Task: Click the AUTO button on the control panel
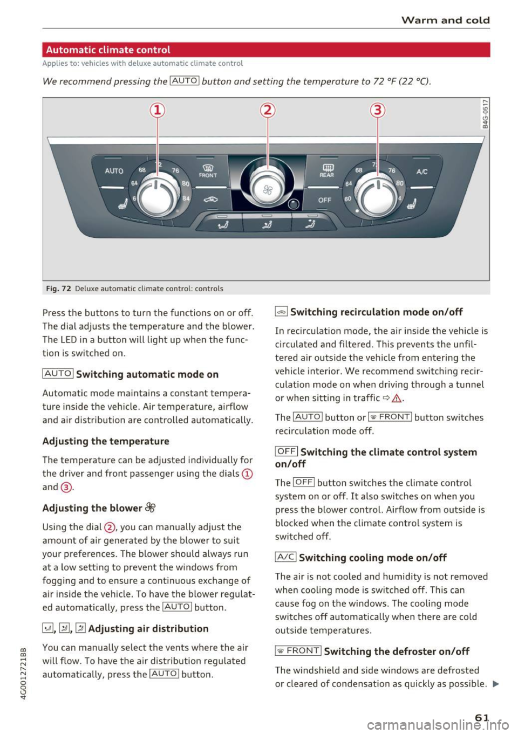[114, 171]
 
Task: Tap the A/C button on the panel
[422, 172]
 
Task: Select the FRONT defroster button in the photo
[208, 171]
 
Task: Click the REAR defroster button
[327, 171]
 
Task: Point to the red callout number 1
[157, 111]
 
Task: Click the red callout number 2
[268, 111]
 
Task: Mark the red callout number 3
[377, 111]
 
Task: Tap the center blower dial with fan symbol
[268, 188]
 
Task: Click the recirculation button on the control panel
[210, 200]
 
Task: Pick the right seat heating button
[412, 204]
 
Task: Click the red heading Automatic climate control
[108, 50]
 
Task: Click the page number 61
[482, 717]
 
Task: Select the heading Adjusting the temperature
[106, 441]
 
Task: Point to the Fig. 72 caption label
[59, 289]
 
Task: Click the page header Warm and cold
[446, 20]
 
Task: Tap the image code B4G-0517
[485, 114]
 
